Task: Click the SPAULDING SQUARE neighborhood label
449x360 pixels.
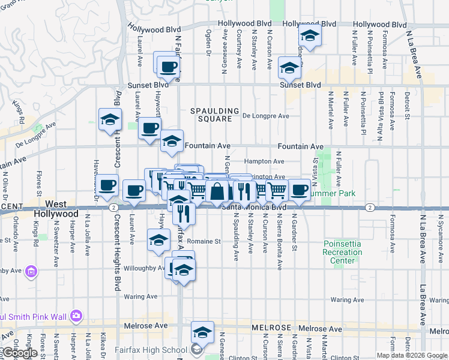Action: tap(211, 115)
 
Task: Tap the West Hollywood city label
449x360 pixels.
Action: tap(56, 209)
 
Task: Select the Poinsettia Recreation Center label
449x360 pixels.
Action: tap(343, 253)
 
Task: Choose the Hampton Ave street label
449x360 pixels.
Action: tap(264, 161)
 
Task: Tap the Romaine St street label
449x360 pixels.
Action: tap(207, 242)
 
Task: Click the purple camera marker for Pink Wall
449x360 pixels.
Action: tap(76, 316)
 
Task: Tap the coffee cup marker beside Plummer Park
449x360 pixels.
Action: tap(299, 190)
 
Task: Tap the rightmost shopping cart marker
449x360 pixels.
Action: tap(277, 191)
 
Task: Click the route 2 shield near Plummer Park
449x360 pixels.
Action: tap(370, 207)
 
